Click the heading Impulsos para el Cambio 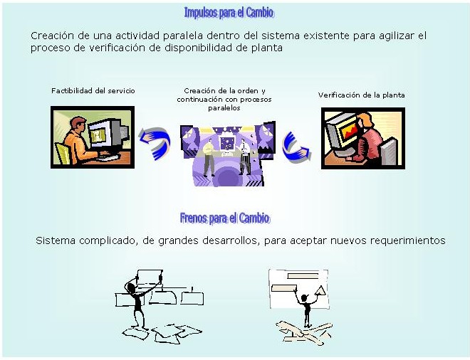click(x=229, y=13)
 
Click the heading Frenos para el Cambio click(x=225, y=218)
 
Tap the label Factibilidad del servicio click(x=93, y=91)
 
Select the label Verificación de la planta click(x=361, y=95)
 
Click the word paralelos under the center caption click(x=224, y=108)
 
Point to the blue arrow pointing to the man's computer click(x=155, y=143)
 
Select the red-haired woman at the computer click(x=368, y=138)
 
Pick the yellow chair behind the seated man click(x=63, y=154)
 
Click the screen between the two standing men click(x=227, y=144)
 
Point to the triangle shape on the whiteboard click(x=320, y=290)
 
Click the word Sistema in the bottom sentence click(x=56, y=240)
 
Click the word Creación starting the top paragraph click(x=52, y=36)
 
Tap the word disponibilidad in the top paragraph click(x=198, y=48)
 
